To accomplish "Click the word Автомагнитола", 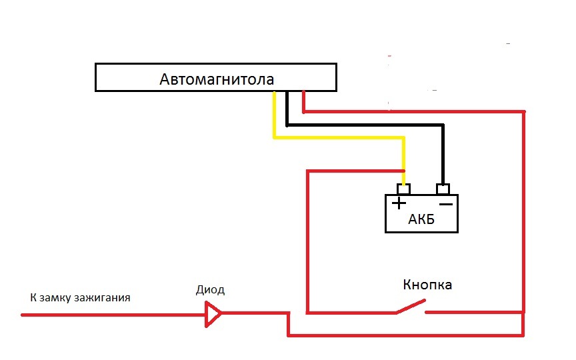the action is tap(217, 79).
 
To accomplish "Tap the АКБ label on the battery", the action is tap(421, 219).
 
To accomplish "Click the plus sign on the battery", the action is tap(399, 203).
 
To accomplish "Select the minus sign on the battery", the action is tap(446, 204).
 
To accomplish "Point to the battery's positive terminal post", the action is tap(403, 189).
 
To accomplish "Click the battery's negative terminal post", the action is tap(443, 189).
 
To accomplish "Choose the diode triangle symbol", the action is tap(213, 314).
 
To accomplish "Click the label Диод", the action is tap(210, 290).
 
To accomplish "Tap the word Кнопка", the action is tap(427, 285).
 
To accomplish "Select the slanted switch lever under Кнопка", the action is tap(411, 307).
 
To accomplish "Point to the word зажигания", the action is tap(102, 297).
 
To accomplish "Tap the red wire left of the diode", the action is tap(113, 315).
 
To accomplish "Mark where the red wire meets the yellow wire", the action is tap(404, 171).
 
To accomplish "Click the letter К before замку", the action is tap(33, 297).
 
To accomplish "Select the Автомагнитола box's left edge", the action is tap(95, 77).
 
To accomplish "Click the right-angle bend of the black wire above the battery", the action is tap(443, 125).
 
